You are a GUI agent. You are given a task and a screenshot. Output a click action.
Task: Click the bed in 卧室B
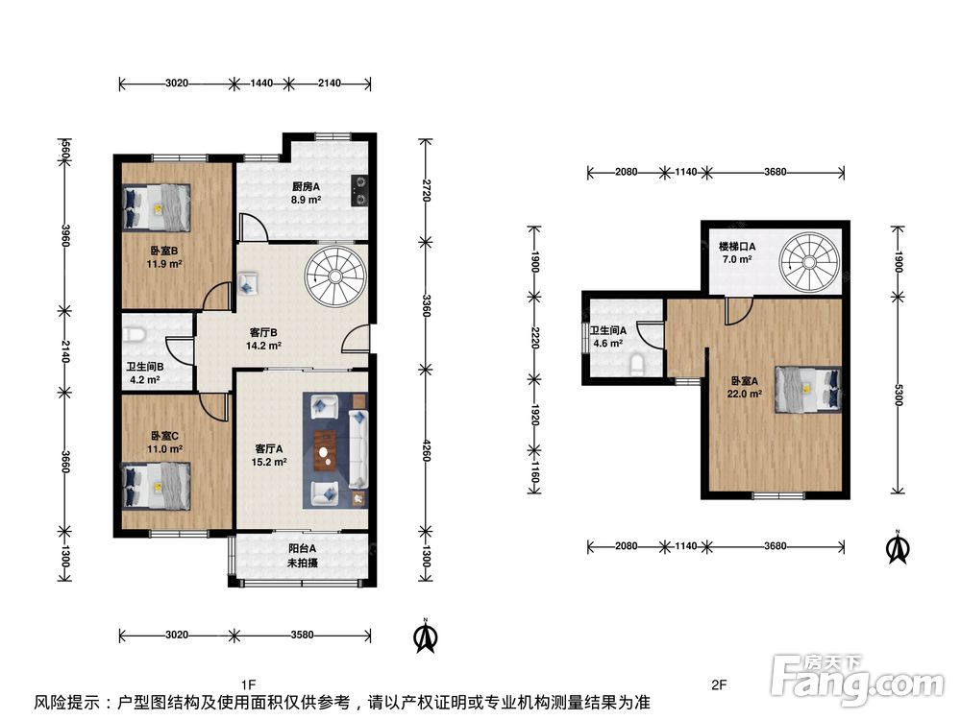157,207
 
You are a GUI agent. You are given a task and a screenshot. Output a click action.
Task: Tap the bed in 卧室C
157,486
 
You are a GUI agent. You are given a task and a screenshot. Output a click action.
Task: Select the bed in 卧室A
808,389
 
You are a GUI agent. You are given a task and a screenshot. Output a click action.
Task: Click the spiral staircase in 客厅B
335,276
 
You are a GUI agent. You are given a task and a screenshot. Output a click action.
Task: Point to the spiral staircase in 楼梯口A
809,262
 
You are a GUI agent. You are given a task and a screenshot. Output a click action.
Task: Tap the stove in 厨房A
359,190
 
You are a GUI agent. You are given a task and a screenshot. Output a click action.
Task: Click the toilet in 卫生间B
134,334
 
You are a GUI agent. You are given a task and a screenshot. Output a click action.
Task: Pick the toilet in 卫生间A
638,366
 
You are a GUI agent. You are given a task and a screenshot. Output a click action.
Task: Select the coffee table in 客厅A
325,451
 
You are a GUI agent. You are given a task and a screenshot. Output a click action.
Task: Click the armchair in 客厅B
248,283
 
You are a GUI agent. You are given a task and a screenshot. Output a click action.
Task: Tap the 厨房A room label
306,186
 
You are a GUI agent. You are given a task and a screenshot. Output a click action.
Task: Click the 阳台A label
302,548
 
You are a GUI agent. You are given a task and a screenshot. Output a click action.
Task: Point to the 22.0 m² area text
744,394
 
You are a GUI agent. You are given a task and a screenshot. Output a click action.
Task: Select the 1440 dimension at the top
261,84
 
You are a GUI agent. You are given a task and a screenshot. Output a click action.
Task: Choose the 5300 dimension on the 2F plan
899,395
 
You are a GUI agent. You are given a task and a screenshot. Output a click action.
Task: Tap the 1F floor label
248,684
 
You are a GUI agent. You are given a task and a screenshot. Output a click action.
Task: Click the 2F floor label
719,684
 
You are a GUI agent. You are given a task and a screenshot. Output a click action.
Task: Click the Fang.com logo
858,679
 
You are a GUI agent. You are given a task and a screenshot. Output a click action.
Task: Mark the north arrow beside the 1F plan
426,636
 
